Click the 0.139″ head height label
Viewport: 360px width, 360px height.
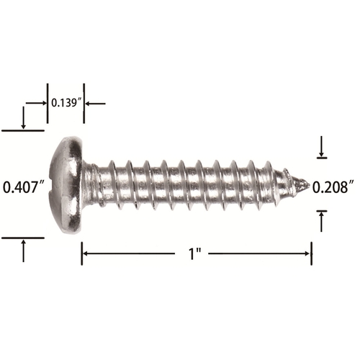click(x=66, y=103)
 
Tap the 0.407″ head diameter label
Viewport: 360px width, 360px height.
click(x=24, y=187)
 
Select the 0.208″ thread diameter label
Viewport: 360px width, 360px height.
click(x=333, y=187)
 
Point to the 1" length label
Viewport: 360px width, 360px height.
click(x=195, y=253)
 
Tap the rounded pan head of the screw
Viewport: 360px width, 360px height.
click(x=66, y=185)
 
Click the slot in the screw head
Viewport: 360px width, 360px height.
click(x=51, y=185)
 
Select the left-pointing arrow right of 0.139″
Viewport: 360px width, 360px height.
click(x=96, y=104)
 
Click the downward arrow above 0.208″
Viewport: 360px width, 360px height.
click(x=322, y=146)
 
